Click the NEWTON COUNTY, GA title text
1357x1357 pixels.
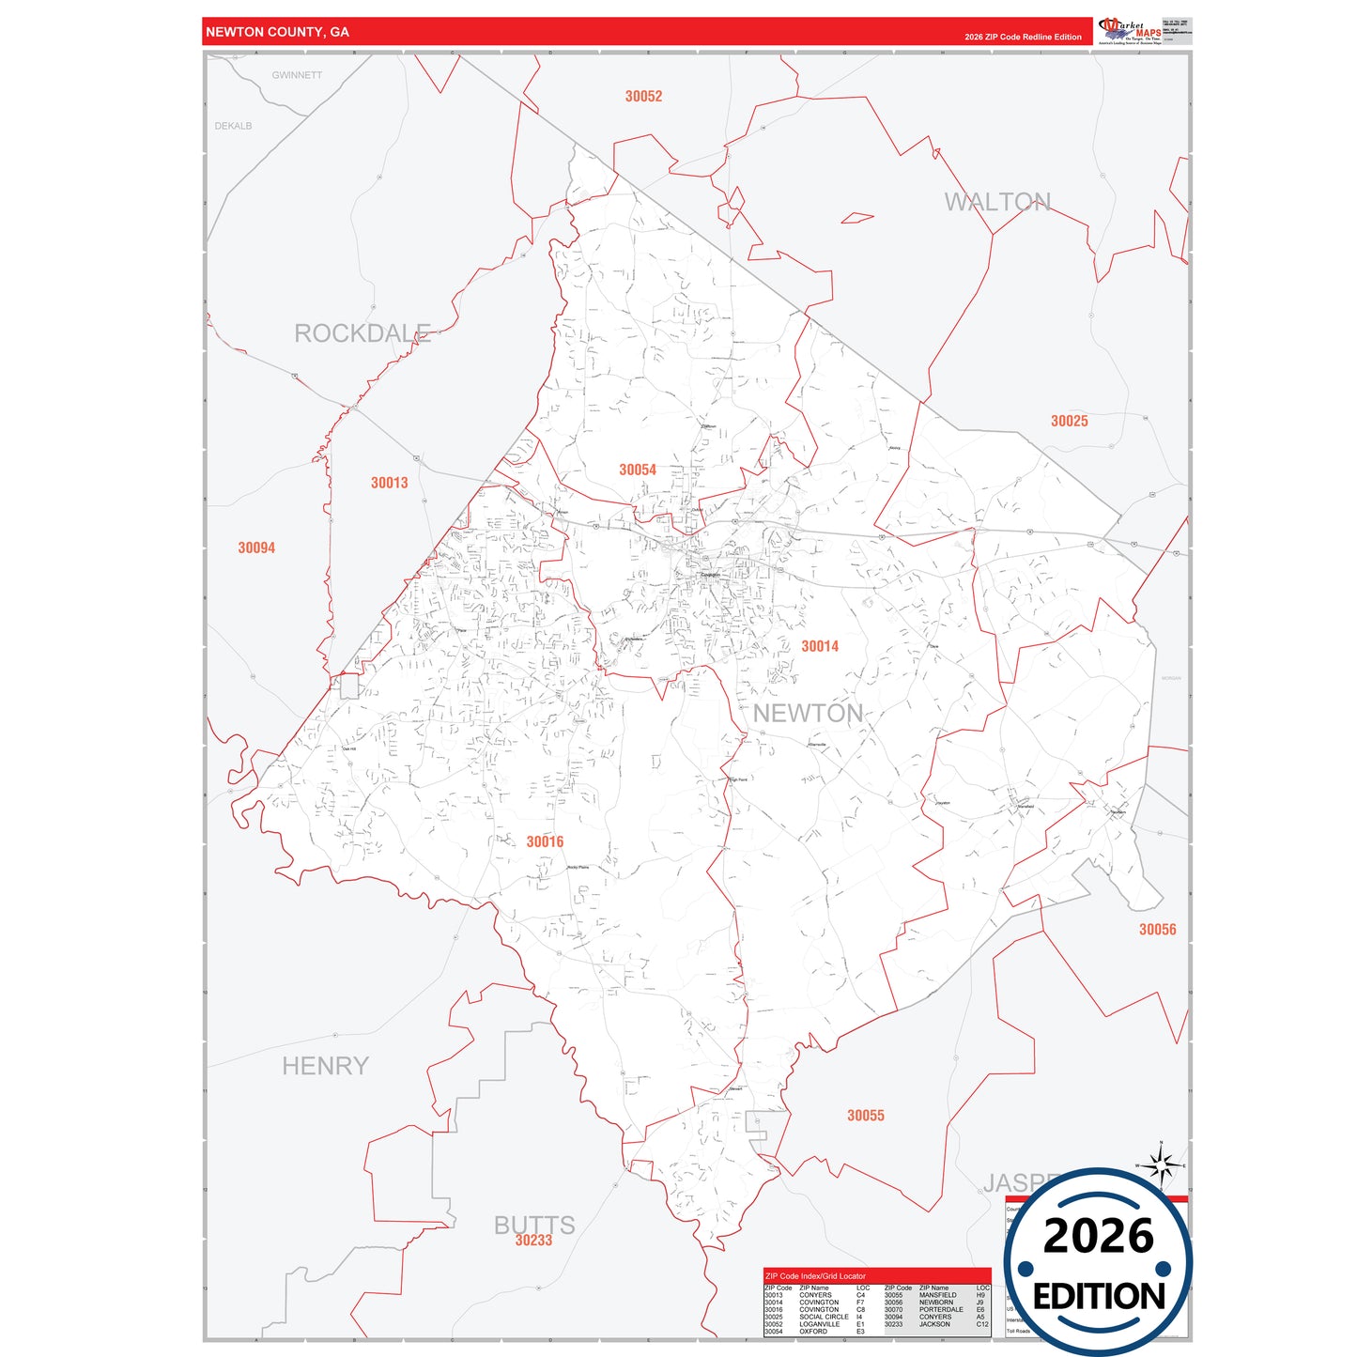(277, 32)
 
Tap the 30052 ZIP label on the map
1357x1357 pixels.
(643, 96)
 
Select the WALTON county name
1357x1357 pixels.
(997, 202)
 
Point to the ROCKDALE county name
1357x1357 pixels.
(362, 333)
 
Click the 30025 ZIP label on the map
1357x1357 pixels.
(1069, 421)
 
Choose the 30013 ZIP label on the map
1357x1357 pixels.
(389, 483)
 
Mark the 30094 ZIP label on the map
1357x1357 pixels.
(256, 547)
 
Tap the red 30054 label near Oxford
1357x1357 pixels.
(637, 470)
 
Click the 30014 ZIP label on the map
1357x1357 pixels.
(819, 646)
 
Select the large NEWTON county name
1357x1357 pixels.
(808, 714)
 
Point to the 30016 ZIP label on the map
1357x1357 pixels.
(545, 841)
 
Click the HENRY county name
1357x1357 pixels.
(325, 1066)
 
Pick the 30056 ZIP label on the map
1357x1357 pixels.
(1157, 929)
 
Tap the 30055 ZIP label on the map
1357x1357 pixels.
(865, 1115)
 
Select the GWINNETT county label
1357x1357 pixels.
(297, 75)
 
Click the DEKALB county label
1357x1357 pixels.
(233, 126)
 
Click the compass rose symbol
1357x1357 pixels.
(1162, 1166)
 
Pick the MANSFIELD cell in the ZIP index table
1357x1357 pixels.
(937, 1295)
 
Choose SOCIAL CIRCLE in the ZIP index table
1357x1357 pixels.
(824, 1317)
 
